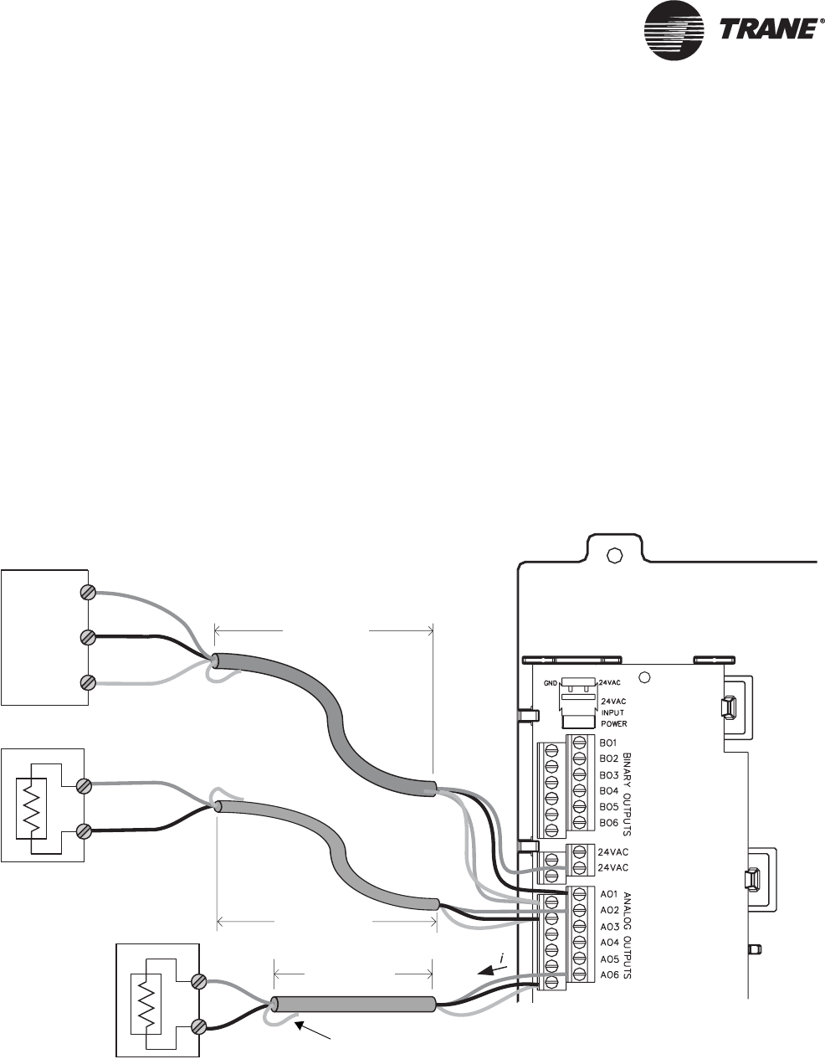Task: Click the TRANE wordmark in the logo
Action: point(767,29)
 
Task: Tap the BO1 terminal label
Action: point(608,743)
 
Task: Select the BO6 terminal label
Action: point(608,823)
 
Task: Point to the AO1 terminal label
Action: point(608,894)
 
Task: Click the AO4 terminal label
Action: point(608,943)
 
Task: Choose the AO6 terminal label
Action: point(608,975)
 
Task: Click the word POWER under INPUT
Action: point(613,722)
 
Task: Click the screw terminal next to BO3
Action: point(577,774)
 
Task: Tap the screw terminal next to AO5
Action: point(577,959)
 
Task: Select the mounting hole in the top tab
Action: point(613,556)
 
